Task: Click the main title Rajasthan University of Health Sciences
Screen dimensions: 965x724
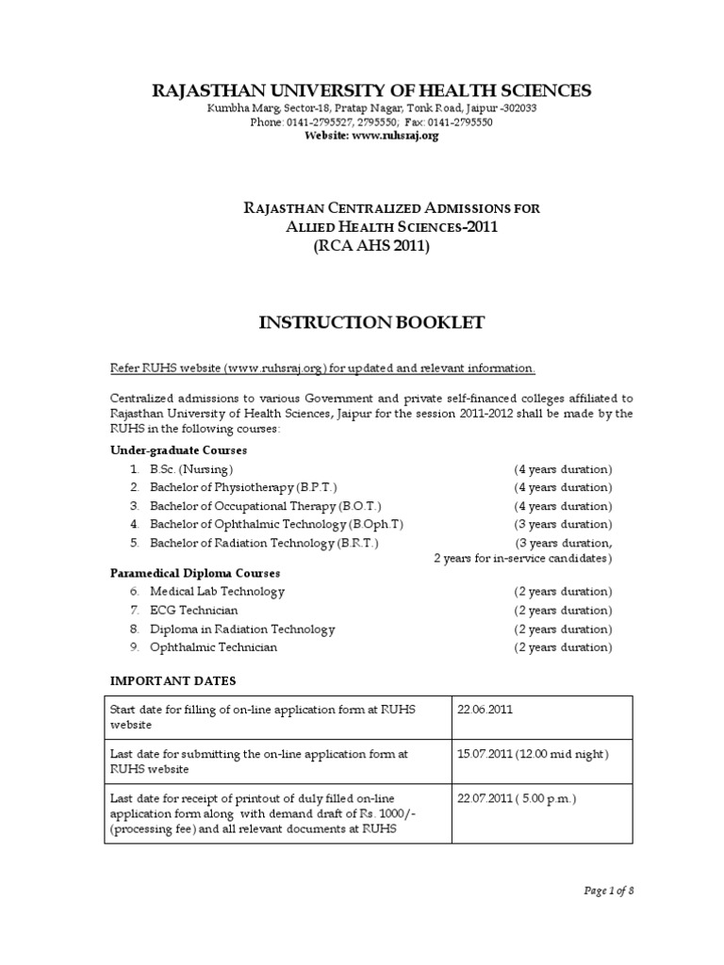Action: point(371,90)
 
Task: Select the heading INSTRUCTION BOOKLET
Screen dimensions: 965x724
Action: point(371,323)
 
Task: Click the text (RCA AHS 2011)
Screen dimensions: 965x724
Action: point(370,247)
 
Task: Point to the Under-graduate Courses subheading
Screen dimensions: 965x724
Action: point(179,450)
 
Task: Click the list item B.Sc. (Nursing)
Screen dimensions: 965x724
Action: point(191,468)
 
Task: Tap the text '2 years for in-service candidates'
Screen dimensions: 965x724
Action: point(522,559)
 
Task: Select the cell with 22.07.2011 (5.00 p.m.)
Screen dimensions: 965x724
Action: point(516,799)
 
